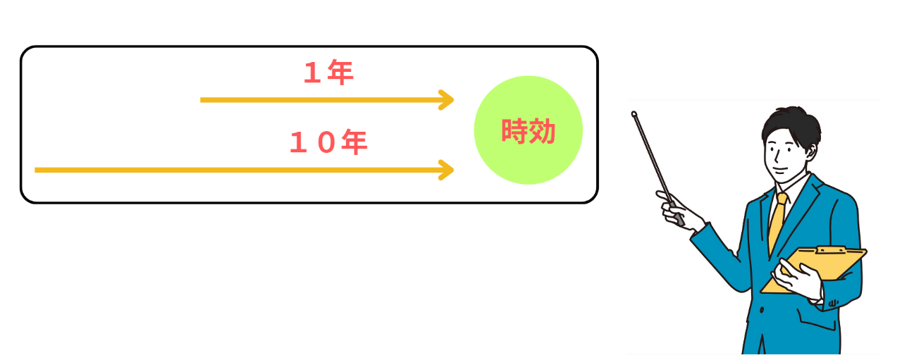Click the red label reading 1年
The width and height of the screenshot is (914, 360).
click(x=328, y=73)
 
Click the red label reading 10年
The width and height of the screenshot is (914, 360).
click(x=328, y=143)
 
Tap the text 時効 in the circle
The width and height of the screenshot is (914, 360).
click(x=529, y=131)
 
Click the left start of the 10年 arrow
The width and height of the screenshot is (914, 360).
click(x=37, y=170)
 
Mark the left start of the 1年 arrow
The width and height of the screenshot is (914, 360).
click(x=203, y=100)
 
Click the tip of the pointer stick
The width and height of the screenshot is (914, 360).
click(x=634, y=113)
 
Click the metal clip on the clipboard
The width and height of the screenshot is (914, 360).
click(x=831, y=250)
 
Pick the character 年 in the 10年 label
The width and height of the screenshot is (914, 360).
click(x=354, y=143)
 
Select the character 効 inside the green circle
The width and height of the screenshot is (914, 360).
click(x=542, y=131)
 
